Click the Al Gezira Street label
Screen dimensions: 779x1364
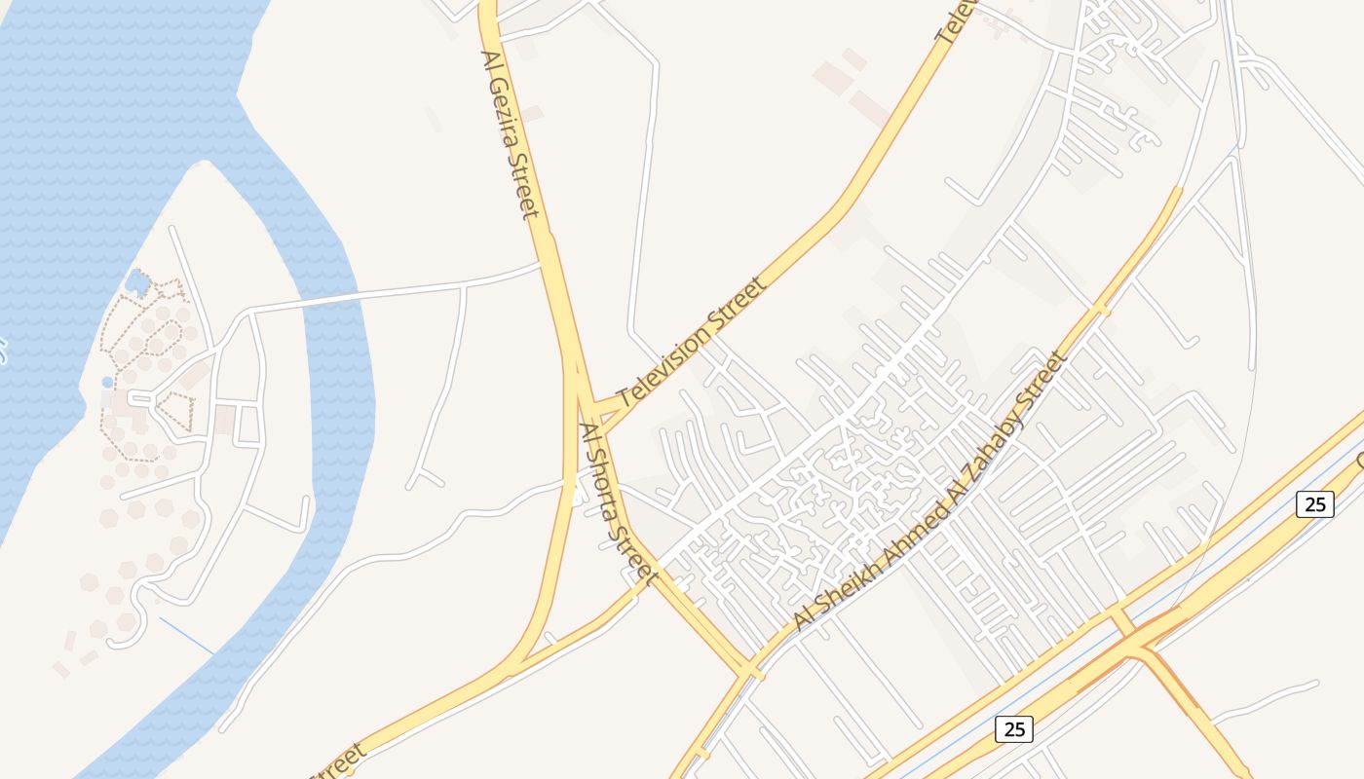click(x=511, y=134)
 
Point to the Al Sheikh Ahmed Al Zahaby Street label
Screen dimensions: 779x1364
click(x=931, y=492)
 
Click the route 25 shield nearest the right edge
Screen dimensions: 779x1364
click(x=1314, y=503)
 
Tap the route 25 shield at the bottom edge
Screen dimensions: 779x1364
click(x=1013, y=728)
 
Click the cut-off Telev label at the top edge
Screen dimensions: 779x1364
click(x=957, y=19)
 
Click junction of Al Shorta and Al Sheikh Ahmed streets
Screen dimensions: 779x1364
click(x=751, y=671)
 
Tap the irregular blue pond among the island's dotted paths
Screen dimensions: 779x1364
click(x=137, y=283)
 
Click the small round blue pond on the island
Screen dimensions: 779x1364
click(x=107, y=383)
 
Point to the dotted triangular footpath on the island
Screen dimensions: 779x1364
click(x=176, y=412)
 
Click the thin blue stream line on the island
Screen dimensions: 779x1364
click(x=187, y=637)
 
